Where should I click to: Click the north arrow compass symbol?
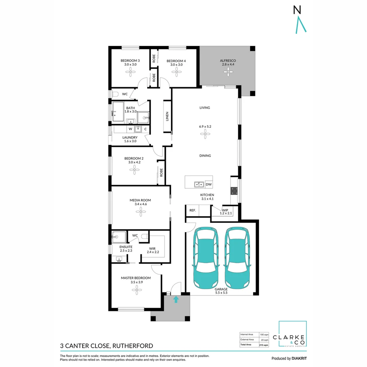point(300,20)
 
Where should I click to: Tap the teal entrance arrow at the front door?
point(176,299)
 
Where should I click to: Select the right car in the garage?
point(238,257)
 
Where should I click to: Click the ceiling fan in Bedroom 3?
point(130,71)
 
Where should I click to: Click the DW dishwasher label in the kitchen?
point(209,185)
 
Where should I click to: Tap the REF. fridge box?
point(193,211)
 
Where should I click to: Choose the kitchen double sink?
point(199,185)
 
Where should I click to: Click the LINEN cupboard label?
point(167,116)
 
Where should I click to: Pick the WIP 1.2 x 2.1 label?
point(225,211)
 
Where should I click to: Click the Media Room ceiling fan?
point(140,212)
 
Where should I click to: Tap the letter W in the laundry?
point(130,129)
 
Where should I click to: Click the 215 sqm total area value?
point(264,345)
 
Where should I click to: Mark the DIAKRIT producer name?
point(299,358)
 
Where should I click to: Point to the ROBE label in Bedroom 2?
point(161,173)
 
